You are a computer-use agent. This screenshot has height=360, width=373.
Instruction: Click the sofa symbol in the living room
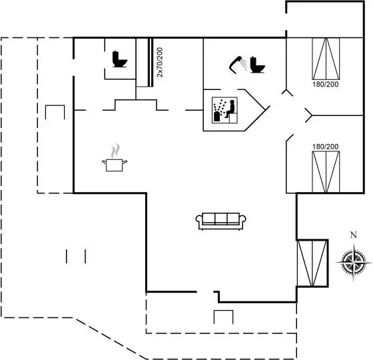(x=220, y=221)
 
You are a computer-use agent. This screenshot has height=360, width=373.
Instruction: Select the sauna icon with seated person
(x=224, y=110)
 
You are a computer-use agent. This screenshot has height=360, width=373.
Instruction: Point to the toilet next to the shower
(x=257, y=65)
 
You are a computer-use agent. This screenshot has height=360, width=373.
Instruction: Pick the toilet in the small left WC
(x=120, y=59)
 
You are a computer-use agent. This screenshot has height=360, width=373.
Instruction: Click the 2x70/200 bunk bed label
(x=160, y=63)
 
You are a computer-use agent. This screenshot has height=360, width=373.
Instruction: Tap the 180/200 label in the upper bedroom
(x=326, y=84)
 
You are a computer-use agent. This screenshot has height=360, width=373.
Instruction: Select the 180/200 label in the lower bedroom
(x=326, y=147)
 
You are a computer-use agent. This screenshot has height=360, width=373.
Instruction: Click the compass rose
(x=354, y=262)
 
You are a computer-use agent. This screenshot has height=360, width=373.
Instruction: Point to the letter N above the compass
(x=354, y=235)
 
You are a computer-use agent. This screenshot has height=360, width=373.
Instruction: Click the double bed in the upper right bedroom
(x=326, y=59)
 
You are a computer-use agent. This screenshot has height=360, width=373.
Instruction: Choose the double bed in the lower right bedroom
(x=326, y=172)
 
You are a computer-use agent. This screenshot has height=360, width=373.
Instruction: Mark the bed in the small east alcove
(x=312, y=263)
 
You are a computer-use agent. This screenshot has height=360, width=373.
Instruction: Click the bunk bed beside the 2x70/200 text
(x=145, y=63)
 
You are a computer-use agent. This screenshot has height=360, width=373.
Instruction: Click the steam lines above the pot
(x=115, y=151)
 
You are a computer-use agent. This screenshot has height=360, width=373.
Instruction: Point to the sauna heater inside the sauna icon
(x=217, y=117)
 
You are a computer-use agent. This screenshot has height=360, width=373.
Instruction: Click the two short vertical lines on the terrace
(x=76, y=256)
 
